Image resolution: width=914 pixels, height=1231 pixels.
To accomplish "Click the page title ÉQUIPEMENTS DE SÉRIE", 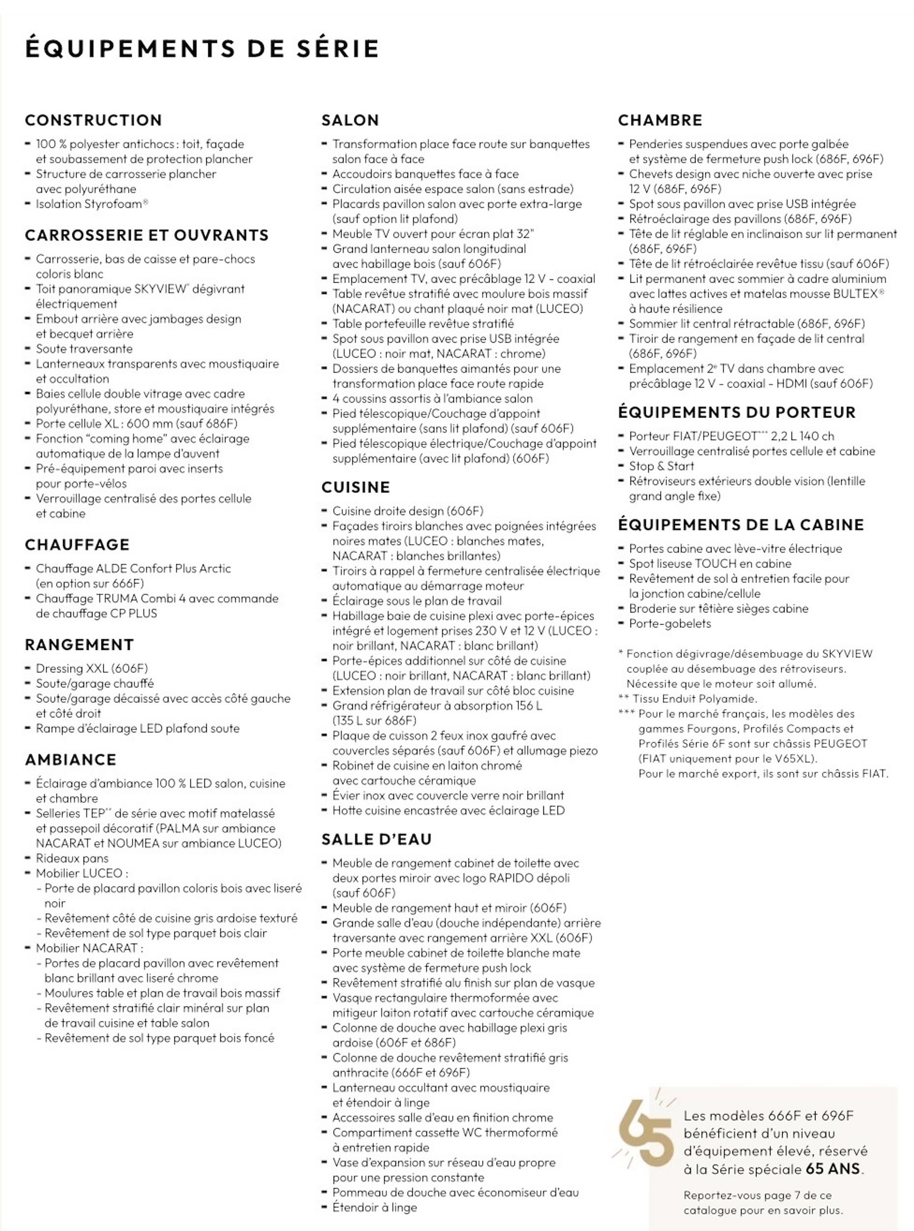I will (202, 49).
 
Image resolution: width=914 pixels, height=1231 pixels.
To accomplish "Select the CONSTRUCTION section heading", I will (94, 120).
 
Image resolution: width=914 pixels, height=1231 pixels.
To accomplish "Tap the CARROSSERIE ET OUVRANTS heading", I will (147, 235).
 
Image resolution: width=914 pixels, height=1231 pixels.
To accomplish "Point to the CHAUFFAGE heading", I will (77, 545).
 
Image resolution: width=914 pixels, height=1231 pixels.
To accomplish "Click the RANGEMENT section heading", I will (80, 645).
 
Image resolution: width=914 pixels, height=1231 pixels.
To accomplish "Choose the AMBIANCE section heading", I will (71, 760).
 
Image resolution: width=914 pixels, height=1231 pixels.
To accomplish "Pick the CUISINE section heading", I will (356, 487).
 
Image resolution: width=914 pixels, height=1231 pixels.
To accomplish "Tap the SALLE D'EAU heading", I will (376, 839).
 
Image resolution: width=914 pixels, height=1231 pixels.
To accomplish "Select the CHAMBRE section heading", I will (660, 120).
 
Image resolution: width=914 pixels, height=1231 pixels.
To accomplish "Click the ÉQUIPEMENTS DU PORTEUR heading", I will (737, 412).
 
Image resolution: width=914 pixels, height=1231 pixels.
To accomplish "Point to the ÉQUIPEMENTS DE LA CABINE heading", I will (741, 525).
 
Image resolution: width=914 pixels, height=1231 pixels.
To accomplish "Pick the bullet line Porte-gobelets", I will (669, 623).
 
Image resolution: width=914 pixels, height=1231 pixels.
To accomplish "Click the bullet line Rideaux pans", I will (72, 858).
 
